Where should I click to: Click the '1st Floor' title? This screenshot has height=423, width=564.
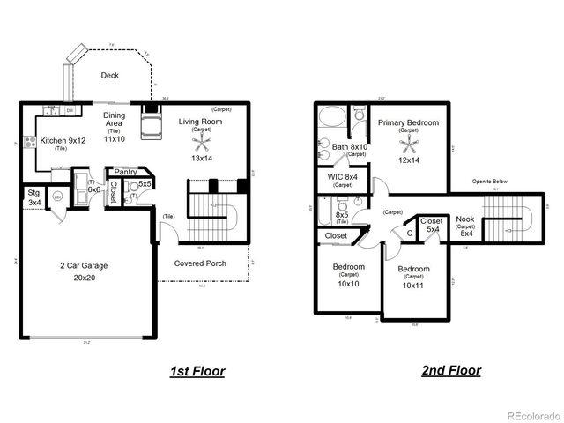(x=197, y=372)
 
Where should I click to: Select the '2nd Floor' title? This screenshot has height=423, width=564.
(x=450, y=371)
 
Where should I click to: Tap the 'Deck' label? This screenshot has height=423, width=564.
(x=109, y=76)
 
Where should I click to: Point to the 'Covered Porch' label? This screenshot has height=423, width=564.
(x=201, y=263)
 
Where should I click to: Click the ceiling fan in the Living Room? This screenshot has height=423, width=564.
(x=202, y=141)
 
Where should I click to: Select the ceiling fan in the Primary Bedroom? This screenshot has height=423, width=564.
(x=408, y=143)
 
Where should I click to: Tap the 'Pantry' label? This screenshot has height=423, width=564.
(x=125, y=172)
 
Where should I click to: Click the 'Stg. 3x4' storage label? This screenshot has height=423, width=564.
(x=34, y=197)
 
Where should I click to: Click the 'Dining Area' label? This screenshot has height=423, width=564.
(x=114, y=121)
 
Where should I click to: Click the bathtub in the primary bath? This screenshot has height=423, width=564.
(x=333, y=117)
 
